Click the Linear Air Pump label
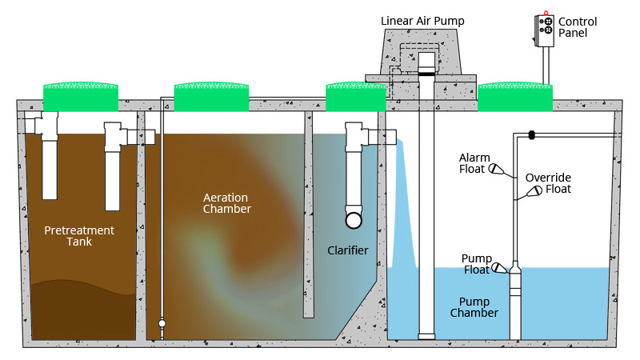point(422,21)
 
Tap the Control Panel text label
point(578,27)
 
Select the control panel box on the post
point(544,30)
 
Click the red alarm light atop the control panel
point(546,13)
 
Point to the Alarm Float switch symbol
point(496,169)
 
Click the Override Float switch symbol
point(534,190)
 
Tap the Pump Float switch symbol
point(499,268)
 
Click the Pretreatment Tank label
point(79,236)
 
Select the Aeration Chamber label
point(226,203)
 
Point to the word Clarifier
point(348,250)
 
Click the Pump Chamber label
point(474,307)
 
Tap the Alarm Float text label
point(474,163)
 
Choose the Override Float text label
point(548,183)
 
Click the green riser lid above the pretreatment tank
point(81,97)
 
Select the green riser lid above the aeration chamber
point(211,97)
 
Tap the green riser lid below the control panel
point(515,97)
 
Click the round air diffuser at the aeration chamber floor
point(162,324)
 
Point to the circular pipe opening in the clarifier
point(354,221)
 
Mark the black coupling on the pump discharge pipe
point(531,134)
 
